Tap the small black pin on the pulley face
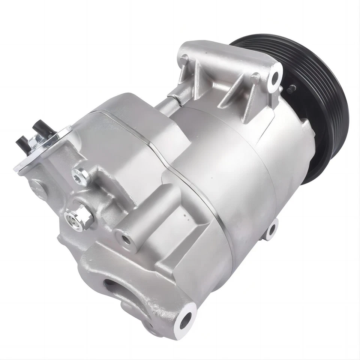(292, 89)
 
